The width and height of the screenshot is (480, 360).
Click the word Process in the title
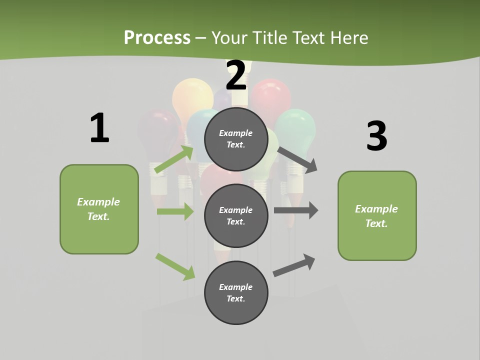(157, 37)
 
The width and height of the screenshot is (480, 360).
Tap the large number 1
(99, 128)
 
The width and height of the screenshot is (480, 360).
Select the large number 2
(236, 75)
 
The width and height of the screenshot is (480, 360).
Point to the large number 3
(376, 136)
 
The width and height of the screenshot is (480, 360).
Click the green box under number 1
(99, 209)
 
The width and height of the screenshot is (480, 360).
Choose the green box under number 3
(377, 216)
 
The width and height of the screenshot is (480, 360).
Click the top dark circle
(236, 139)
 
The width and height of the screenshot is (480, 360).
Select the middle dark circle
(236, 216)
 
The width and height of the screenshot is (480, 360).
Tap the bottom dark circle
(236, 293)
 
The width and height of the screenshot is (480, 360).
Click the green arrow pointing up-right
(174, 159)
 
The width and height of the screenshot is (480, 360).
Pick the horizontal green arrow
(175, 211)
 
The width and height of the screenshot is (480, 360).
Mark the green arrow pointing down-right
(175, 266)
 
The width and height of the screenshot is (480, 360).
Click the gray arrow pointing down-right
(297, 159)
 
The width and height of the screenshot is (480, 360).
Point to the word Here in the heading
(349, 37)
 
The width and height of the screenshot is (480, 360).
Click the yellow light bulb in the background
(192, 95)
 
